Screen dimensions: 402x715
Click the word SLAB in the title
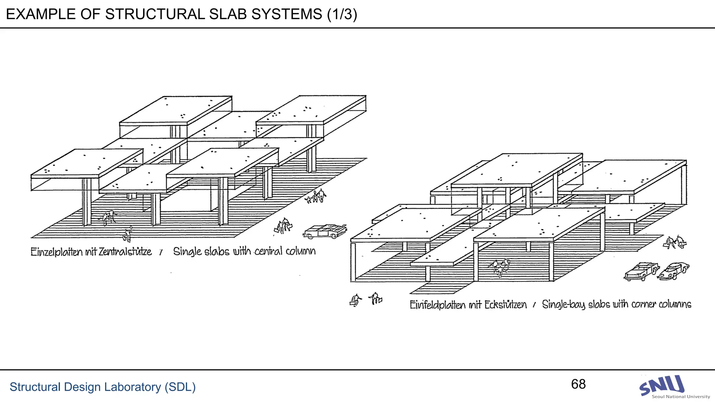pyautogui.click(x=225, y=14)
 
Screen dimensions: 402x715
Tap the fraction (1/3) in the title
pyautogui.click(x=342, y=14)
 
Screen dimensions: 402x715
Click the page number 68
pyautogui.click(x=578, y=384)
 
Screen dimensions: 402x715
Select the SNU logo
pyautogui.click(x=662, y=385)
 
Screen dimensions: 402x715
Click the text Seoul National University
pyautogui.click(x=680, y=397)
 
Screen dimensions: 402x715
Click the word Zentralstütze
pyautogui.click(x=125, y=252)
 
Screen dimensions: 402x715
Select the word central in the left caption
pyautogui.click(x=268, y=251)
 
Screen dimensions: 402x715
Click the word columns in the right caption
pyautogui.click(x=675, y=304)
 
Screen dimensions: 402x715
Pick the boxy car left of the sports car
pyautogui.click(x=641, y=271)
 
